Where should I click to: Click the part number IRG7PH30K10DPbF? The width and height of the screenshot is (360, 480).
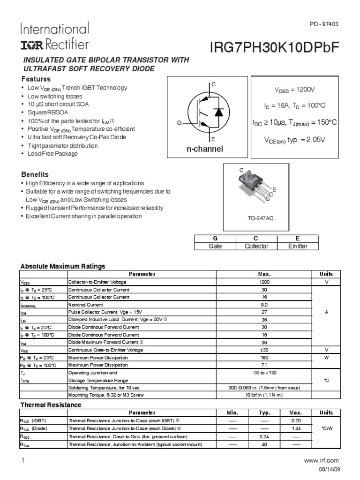coord(275,48)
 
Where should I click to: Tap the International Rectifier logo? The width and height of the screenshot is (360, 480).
coord(54,37)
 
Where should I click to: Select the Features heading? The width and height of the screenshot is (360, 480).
coord(36,79)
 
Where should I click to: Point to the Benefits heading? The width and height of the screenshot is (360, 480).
coord(35,174)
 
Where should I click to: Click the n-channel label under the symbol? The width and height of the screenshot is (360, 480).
coord(205,149)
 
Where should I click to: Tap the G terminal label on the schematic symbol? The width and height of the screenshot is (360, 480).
coord(179,122)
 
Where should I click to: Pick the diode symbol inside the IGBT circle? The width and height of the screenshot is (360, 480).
coord(217,112)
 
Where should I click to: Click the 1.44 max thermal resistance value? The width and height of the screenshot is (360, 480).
coord(295,428)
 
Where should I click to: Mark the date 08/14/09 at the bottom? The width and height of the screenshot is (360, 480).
coord(327,470)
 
